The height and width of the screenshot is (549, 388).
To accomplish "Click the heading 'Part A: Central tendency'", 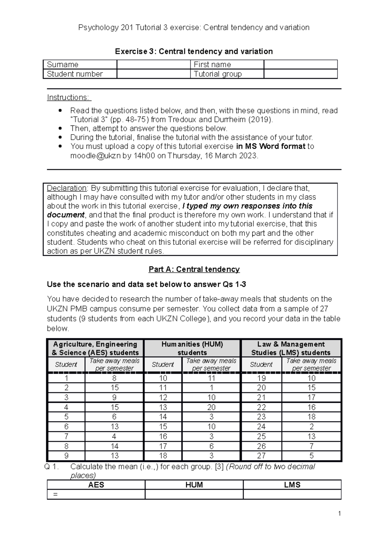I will click(194, 269).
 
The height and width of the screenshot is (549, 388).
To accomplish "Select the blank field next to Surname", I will click(153, 64).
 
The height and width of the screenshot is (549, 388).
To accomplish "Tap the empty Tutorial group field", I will click(300, 74).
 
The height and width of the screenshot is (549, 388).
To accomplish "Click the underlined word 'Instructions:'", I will click(69, 97).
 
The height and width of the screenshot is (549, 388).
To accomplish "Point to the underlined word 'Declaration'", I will click(67, 188).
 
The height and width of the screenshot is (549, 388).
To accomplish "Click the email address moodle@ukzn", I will click(95, 156).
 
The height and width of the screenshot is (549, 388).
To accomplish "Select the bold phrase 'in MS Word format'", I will click(271, 146).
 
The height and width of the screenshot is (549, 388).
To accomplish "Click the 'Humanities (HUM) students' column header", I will click(192, 348).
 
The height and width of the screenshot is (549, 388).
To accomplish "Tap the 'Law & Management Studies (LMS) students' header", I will click(291, 348).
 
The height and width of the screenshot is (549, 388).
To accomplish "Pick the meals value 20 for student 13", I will click(211, 407).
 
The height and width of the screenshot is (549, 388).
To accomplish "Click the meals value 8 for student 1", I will click(114, 378).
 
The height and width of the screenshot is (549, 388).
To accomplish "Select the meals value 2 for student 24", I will click(311, 426).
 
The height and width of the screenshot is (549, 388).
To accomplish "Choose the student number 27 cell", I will click(261, 456).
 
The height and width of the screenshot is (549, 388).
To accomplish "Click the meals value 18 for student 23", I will click(311, 417).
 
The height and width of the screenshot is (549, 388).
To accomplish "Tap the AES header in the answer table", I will click(96, 485).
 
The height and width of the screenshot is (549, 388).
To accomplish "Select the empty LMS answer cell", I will click(292, 494).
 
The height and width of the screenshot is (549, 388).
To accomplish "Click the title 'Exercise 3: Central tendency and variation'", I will click(194, 51).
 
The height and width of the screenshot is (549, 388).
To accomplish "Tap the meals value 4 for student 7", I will click(114, 436).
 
